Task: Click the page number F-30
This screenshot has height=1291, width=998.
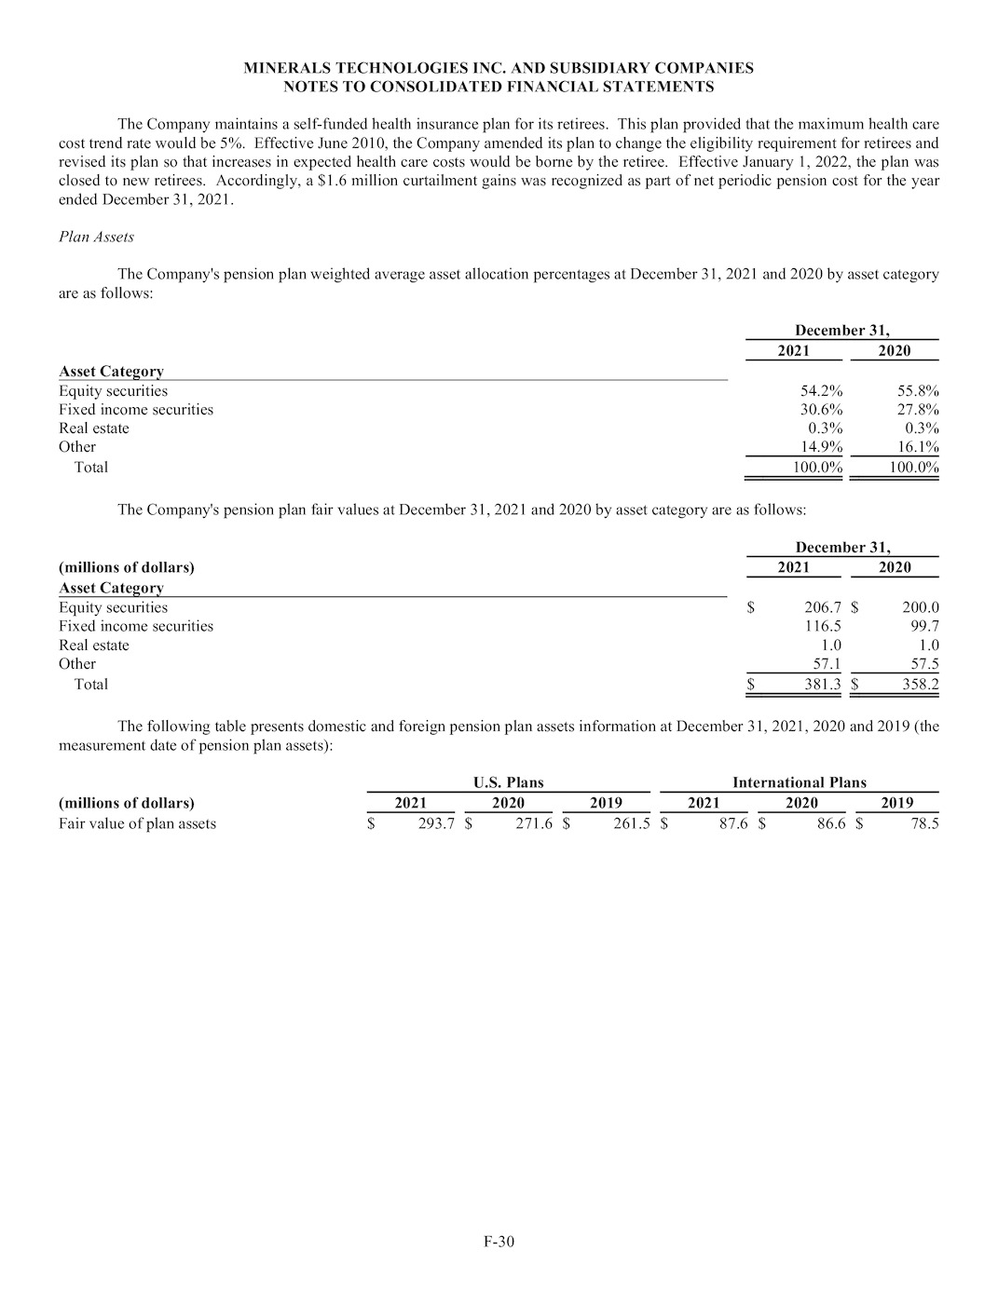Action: pos(499,1241)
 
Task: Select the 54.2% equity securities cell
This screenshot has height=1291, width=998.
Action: pos(821,391)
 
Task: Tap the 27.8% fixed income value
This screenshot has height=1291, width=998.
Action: pos(917,410)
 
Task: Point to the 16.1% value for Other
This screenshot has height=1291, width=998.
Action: pos(917,447)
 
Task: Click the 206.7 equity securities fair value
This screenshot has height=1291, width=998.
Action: pos(823,608)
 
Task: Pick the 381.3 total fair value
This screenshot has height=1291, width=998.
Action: pos(823,685)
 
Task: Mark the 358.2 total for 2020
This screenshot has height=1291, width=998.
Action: pos(920,685)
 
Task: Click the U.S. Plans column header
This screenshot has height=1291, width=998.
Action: pos(508,782)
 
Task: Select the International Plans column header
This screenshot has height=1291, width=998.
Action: pos(799,782)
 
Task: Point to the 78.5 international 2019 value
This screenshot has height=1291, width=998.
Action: pos(924,824)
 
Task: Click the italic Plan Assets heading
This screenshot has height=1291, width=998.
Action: pos(96,237)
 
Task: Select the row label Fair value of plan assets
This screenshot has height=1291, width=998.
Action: pos(137,824)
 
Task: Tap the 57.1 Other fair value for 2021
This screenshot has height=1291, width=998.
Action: pos(827,664)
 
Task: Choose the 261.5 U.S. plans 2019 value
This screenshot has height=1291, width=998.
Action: pos(631,824)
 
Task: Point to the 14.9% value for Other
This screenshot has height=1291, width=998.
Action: pos(821,447)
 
